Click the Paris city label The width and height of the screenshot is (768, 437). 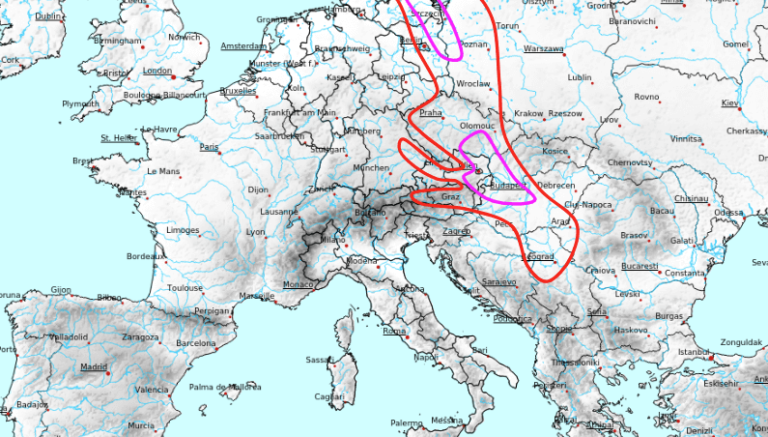(x=209, y=147)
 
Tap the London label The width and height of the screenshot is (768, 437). (x=156, y=71)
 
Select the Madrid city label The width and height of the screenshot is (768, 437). (x=94, y=367)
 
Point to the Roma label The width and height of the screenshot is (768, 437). (x=394, y=331)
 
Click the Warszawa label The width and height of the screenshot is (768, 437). (x=543, y=47)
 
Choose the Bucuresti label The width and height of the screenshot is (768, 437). (x=640, y=265)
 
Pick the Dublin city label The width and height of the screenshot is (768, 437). (x=48, y=16)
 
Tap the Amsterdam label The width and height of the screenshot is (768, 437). (x=243, y=45)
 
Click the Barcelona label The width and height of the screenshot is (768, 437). (x=196, y=343)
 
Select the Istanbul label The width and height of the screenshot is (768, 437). (x=694, y=352)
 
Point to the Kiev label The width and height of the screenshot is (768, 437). (x=730, y=102)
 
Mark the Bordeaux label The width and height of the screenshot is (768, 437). (x=145, y=256)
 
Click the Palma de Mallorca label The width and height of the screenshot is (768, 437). (x=225, y=387)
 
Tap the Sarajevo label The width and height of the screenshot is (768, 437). (x=498, y=281)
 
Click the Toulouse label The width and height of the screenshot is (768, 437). (x=184, y=288)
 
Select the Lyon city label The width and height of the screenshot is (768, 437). (x=255, y=232)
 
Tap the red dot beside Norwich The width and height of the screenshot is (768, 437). (x=203, y=43)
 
